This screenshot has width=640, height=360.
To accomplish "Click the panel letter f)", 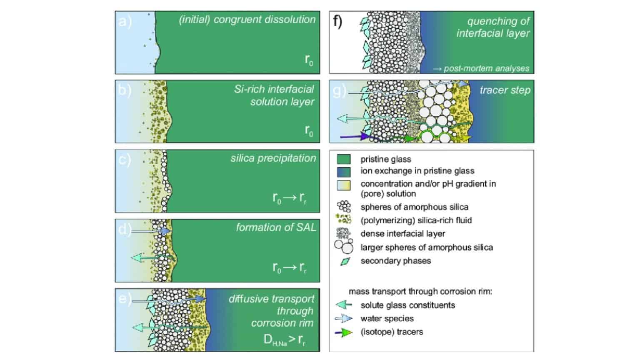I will point(337,21).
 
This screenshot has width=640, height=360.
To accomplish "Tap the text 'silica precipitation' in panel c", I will point(273,158).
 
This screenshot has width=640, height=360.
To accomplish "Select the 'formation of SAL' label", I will point(276,227).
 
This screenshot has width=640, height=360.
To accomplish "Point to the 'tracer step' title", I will point(505,90).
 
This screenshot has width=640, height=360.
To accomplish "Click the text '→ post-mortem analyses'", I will point(481,68).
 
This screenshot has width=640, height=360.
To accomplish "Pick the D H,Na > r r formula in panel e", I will point(285,340).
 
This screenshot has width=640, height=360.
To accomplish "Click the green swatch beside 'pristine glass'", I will point(343,159).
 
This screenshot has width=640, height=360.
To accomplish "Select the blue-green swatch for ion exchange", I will point(343,171).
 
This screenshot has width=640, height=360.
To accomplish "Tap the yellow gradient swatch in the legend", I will point(343,185).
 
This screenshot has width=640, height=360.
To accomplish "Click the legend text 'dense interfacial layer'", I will point(402,234).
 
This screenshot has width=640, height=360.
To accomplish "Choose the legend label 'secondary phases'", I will point(395,261).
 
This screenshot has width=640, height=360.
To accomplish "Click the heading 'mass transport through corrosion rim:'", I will point(420,292).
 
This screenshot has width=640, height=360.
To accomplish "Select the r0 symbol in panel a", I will point(309,60).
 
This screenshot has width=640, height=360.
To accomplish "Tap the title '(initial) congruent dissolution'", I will point(247,20).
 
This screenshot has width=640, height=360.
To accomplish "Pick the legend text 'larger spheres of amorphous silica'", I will point(426,247).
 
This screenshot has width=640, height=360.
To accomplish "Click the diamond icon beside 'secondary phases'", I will point(345,262).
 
